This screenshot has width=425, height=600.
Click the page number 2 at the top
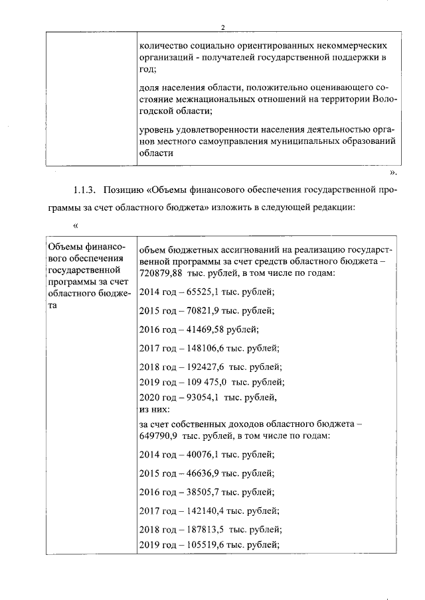click(x=224, y=27)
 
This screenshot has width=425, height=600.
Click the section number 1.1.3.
click(x=85, y=190)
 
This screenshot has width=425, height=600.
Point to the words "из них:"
click(x=153, y=409)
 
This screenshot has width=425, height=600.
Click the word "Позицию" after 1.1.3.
click(x=126, y=190)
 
